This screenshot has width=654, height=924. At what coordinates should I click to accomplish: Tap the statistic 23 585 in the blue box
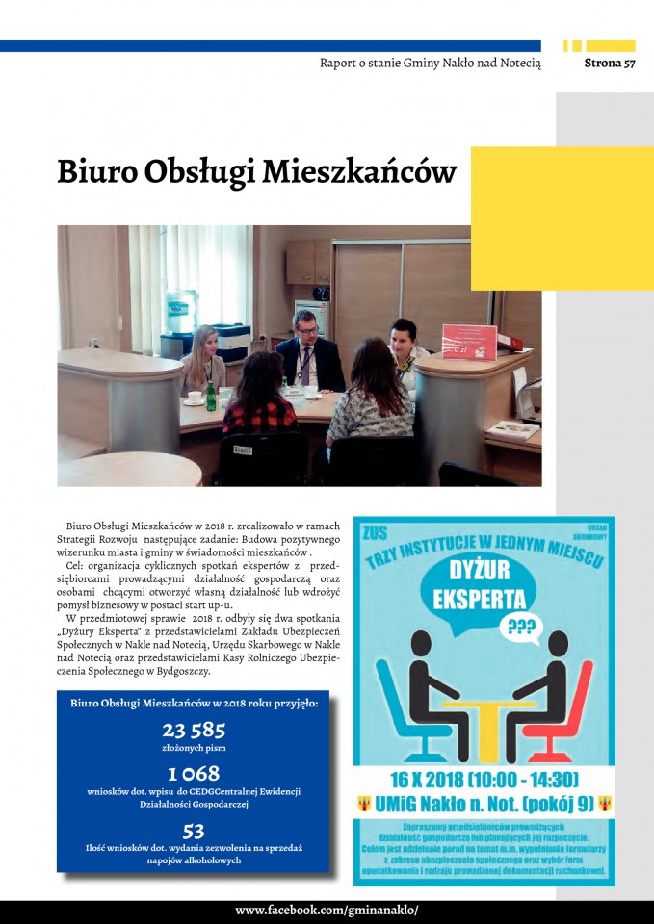[193, 729]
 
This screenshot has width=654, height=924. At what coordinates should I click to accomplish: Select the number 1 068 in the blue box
[193, 774]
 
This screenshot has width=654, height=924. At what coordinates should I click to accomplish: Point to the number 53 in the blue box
[193, 830]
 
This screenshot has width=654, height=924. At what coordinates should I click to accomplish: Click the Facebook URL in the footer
[327, 911]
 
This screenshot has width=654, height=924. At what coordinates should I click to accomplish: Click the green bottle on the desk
[211, 395]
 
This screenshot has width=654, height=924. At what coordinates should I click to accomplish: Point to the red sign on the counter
[469, 342]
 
